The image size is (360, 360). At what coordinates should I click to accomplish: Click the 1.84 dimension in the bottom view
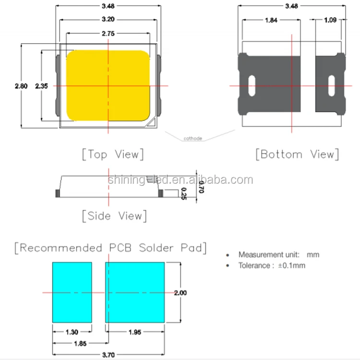(270, 21)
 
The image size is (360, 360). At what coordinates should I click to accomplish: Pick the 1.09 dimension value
(330, 21)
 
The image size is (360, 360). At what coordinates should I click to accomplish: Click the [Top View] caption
(112, 155)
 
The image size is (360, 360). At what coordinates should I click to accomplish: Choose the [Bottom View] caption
(298, 155)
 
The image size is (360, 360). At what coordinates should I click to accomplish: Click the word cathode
(192, 139)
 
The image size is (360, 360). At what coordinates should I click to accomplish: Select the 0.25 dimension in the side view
(183, 194)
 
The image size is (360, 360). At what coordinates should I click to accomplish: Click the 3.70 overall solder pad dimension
(108, 356)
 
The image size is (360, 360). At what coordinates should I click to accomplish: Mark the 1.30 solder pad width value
(72, 332)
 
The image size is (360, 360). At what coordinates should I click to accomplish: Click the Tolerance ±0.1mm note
(271, 265)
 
